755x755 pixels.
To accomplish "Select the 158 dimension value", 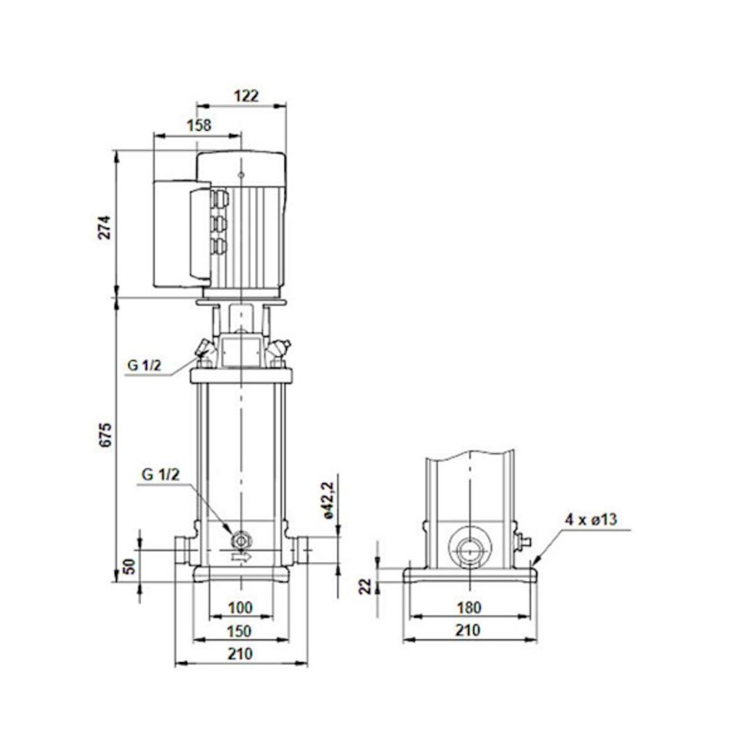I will coord(198,125).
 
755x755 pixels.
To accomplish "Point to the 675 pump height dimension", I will coord(105,436).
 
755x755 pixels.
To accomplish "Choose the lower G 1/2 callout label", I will coord(159,475).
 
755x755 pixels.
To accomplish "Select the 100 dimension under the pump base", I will coord(240,607).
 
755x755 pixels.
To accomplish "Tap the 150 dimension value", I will coord(240,630).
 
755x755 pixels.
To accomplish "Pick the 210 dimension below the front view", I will coord(240,653).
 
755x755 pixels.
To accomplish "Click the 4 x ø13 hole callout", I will coord(591,520).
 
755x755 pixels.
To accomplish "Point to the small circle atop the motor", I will coord(241,175).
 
